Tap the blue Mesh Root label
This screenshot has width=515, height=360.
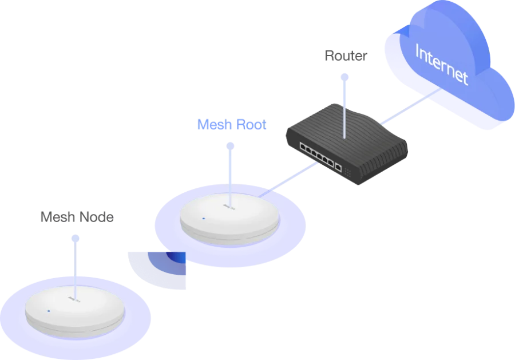(232, 125)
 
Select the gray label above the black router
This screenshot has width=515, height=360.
(347, 56)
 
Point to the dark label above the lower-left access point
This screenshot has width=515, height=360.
(76, 217)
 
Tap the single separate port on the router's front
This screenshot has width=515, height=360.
(339, 168)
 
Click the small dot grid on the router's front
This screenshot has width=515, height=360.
(348, 171)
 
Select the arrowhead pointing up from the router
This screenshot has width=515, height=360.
(344, 74)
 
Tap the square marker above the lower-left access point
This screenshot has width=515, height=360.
(76, 238)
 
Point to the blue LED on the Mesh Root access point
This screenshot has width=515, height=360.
(203, 218)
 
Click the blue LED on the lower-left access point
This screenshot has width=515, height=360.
(49, 311)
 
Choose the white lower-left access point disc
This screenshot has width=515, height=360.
(74, 312)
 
